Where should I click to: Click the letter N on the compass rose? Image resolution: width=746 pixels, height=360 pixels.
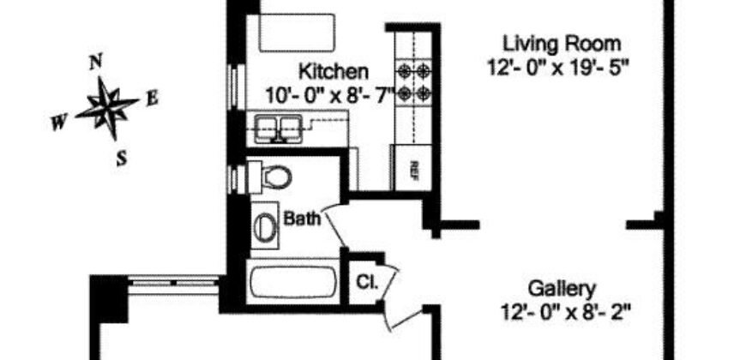tap(97, 62)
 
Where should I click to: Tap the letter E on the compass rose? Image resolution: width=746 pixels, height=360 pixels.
tap(152, 98)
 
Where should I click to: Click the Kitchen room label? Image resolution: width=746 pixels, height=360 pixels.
tap(334, 71)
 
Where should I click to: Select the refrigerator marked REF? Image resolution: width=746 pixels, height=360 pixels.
tap(412, 167)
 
